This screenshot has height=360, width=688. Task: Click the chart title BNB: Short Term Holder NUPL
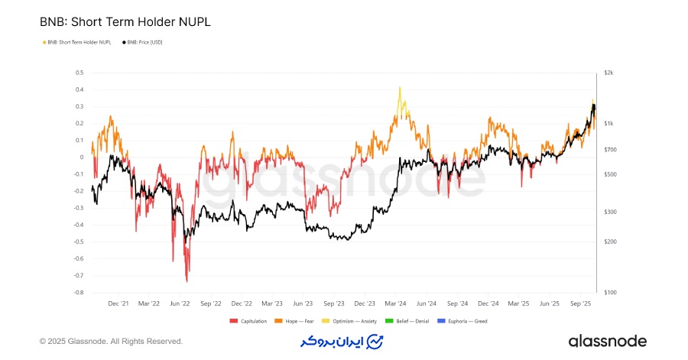click(125, 22)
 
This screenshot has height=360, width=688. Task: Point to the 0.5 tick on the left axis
click(80, 73)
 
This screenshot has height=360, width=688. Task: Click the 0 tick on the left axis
click(81, 157)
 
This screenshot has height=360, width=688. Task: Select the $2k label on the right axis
click(608, 73)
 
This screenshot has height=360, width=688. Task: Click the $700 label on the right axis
click(609, 150)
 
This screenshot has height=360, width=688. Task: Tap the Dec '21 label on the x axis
click(118, 303)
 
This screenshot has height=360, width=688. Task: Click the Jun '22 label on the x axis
click(180, 303)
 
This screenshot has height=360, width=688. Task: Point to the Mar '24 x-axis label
click(396, 303)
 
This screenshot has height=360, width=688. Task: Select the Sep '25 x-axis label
click(581, 303)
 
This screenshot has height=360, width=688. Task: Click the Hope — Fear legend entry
click(294, 321)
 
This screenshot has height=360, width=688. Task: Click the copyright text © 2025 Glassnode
click(111, 341)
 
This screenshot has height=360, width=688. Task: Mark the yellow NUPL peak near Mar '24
click(399, 88)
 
